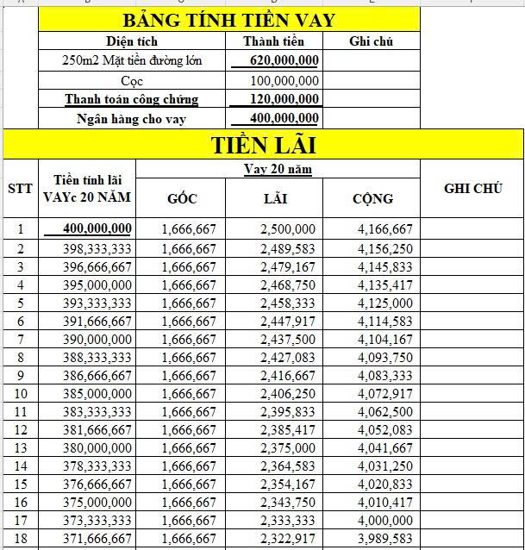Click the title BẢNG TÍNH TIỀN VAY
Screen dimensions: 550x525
(228, 20)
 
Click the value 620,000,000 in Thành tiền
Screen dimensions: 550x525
(284, 60)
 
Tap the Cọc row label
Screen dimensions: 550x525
(132, 80)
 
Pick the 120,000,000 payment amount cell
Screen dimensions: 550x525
(284, 99)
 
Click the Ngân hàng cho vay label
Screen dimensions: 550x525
(132, 119)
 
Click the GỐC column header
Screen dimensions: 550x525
(182, 199)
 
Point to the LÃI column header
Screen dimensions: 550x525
(275, 199)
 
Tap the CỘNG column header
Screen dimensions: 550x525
(372, 199)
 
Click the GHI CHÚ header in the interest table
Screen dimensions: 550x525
(472, 189)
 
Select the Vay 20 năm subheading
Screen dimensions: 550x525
(277, 169)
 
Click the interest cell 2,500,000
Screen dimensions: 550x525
(287, 229)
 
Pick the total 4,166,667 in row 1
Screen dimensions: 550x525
(384, 229)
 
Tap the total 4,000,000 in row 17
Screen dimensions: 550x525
(384, 520)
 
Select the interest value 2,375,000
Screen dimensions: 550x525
(287, 447)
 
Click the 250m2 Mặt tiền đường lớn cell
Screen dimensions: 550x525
(132, 60)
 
